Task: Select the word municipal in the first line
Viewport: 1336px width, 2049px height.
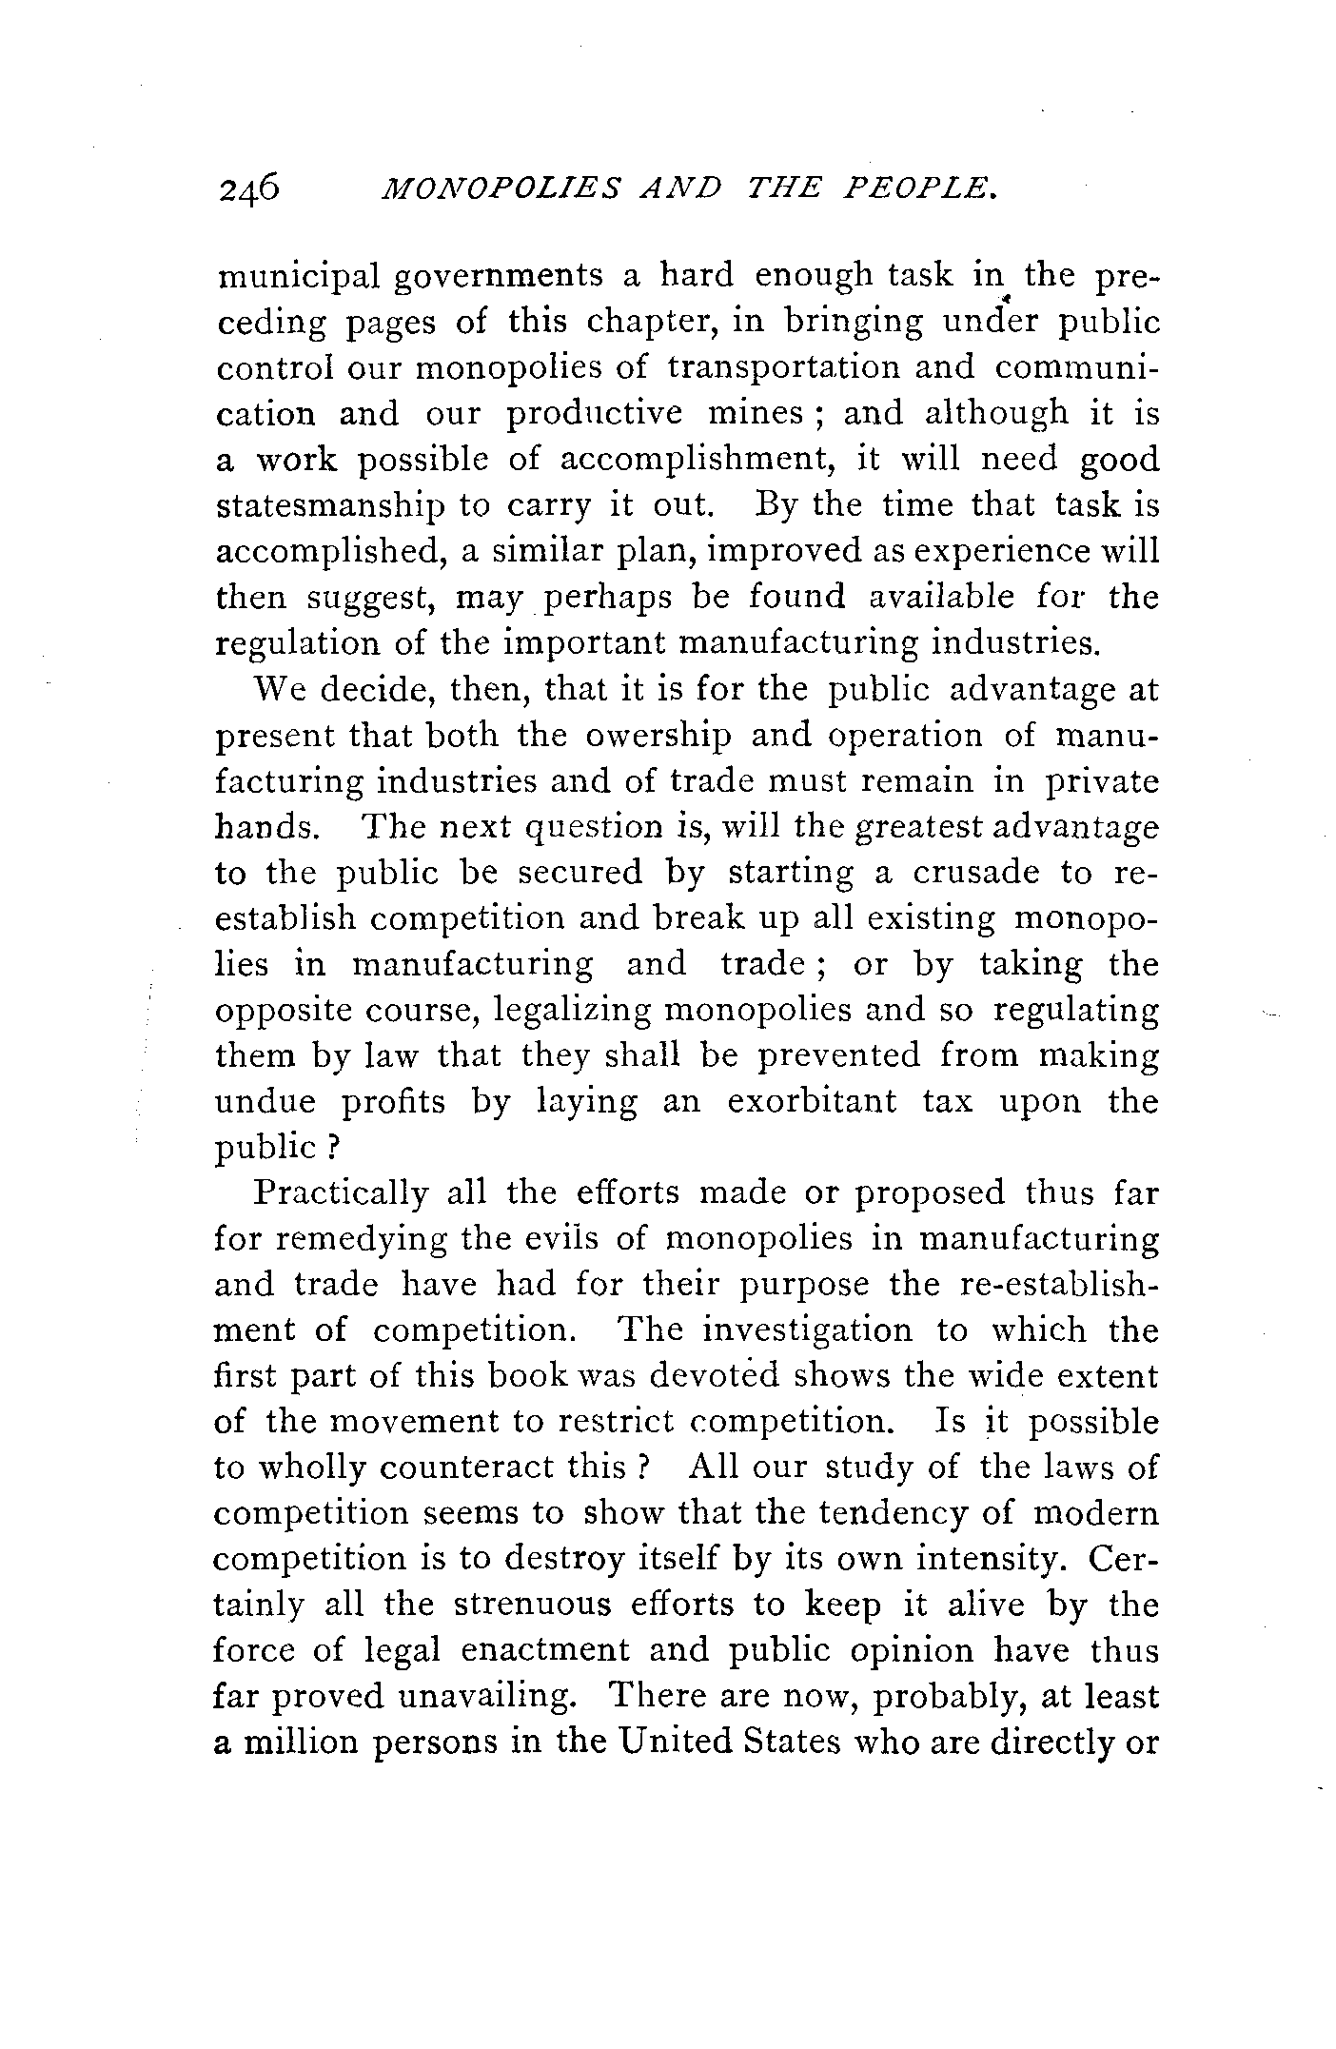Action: (299, 277)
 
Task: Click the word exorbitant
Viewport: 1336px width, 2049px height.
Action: (814, 1101)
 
